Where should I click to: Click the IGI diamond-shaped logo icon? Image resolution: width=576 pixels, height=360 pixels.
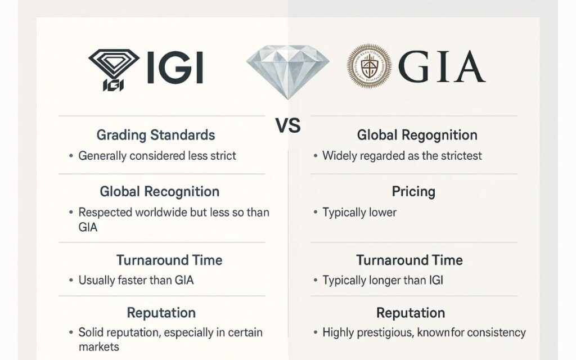pyautogui.click(x=114, y=70)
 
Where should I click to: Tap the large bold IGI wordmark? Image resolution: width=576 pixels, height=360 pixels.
pyautogui.click(x=175, y=67)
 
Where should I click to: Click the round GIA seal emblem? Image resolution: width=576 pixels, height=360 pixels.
pyautogui.click(x=369, y=66)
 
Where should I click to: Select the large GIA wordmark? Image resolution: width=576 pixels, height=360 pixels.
pyautogui.click(x=442, y=66)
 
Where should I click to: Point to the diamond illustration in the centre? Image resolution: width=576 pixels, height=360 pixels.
pyautogui.click(x=287, y=71)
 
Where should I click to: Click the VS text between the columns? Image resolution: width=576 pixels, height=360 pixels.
pyautogui.click(x=288, y=125)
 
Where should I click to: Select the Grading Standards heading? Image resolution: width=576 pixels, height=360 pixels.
pyautogui.click(x=156, y=135)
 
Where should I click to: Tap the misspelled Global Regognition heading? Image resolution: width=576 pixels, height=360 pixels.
pyautogui.click(x=417, y=135)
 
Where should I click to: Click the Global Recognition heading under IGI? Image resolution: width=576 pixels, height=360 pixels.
pyautogui.click(x=159, y=192)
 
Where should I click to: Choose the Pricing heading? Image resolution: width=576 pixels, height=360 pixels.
pyautogui.click(x=413, y=191)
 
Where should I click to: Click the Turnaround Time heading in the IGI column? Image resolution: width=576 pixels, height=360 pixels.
pyautogui.click(x=169, y=260)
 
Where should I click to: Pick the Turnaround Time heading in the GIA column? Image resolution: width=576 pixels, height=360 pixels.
pyautogui.click(x=409, y=260)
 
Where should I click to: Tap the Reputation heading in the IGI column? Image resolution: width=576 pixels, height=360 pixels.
pyautogui.click(x=161, y=313)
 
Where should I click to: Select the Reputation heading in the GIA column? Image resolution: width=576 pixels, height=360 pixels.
pyautogui.click(x=411, y=313)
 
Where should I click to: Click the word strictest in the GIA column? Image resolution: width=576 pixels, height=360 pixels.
pyautogui.click(x=461, y=156)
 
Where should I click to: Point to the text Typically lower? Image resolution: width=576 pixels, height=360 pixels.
pyautogui.click(x=359, y=212)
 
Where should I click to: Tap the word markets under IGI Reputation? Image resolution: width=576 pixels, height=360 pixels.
pyautogui.click(x=99, y=346)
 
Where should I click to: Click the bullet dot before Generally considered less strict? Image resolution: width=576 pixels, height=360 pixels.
pyautogui.click(x=71, y=156)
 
